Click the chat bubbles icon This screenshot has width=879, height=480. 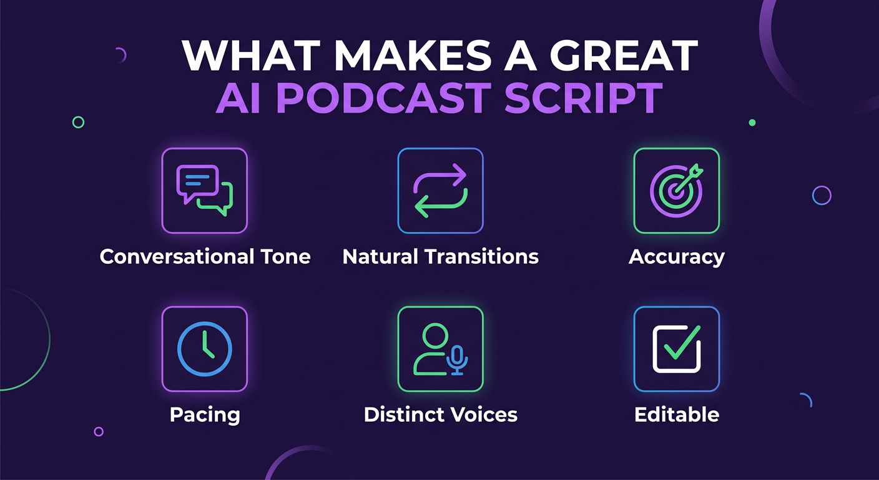point(205,191)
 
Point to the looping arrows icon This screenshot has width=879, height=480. point(440,191)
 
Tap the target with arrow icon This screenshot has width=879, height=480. point(676,191)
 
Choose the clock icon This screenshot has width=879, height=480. point(205,349)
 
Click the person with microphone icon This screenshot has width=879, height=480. point(440,349)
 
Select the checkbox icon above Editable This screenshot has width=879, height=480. point(676,349)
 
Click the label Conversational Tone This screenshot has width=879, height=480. point(205,256)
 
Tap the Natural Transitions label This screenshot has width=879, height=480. point(440,256)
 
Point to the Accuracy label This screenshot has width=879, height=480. point(676,256)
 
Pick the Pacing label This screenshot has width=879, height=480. point(205,414)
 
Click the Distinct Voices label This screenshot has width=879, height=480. point(440,414)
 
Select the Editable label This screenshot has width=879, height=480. point(676,414)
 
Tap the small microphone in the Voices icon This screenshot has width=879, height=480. point(458,359)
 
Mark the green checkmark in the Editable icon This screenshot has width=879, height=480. point(682,344)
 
